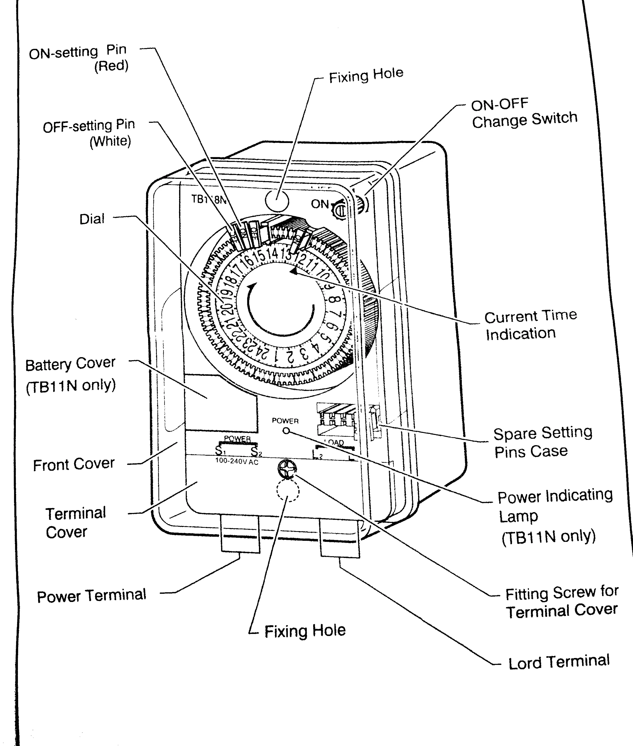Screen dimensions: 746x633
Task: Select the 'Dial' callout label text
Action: click(92, 219)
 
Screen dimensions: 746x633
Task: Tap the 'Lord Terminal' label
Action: click(559, 662)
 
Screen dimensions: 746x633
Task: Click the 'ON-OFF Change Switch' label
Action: click(524, 113)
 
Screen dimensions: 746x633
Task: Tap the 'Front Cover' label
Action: click(74, 464)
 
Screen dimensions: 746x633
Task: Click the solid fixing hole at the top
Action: click(277, 200)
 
